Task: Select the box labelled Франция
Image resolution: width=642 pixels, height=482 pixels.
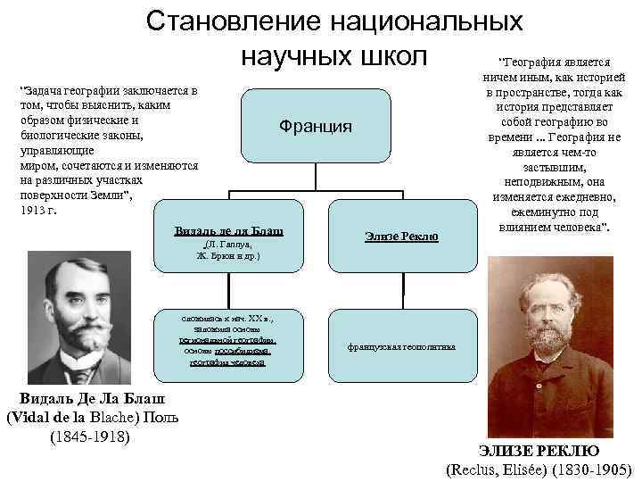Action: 316,127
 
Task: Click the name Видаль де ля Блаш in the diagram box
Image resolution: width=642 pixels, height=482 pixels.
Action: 229,231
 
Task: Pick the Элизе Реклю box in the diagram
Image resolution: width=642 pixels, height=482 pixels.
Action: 401,236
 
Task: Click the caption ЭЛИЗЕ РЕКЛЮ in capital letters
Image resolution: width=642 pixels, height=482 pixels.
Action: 539,450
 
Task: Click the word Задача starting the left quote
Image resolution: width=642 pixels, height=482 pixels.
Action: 43,91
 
